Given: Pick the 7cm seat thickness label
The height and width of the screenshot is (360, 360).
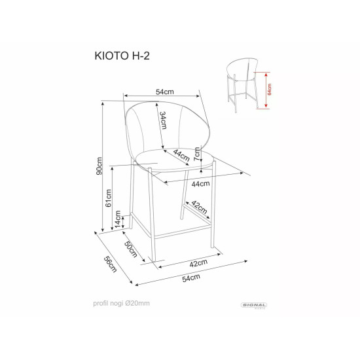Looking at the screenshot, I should [x=196, y=154].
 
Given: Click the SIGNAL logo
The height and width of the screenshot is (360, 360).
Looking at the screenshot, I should [x=255, y=303].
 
